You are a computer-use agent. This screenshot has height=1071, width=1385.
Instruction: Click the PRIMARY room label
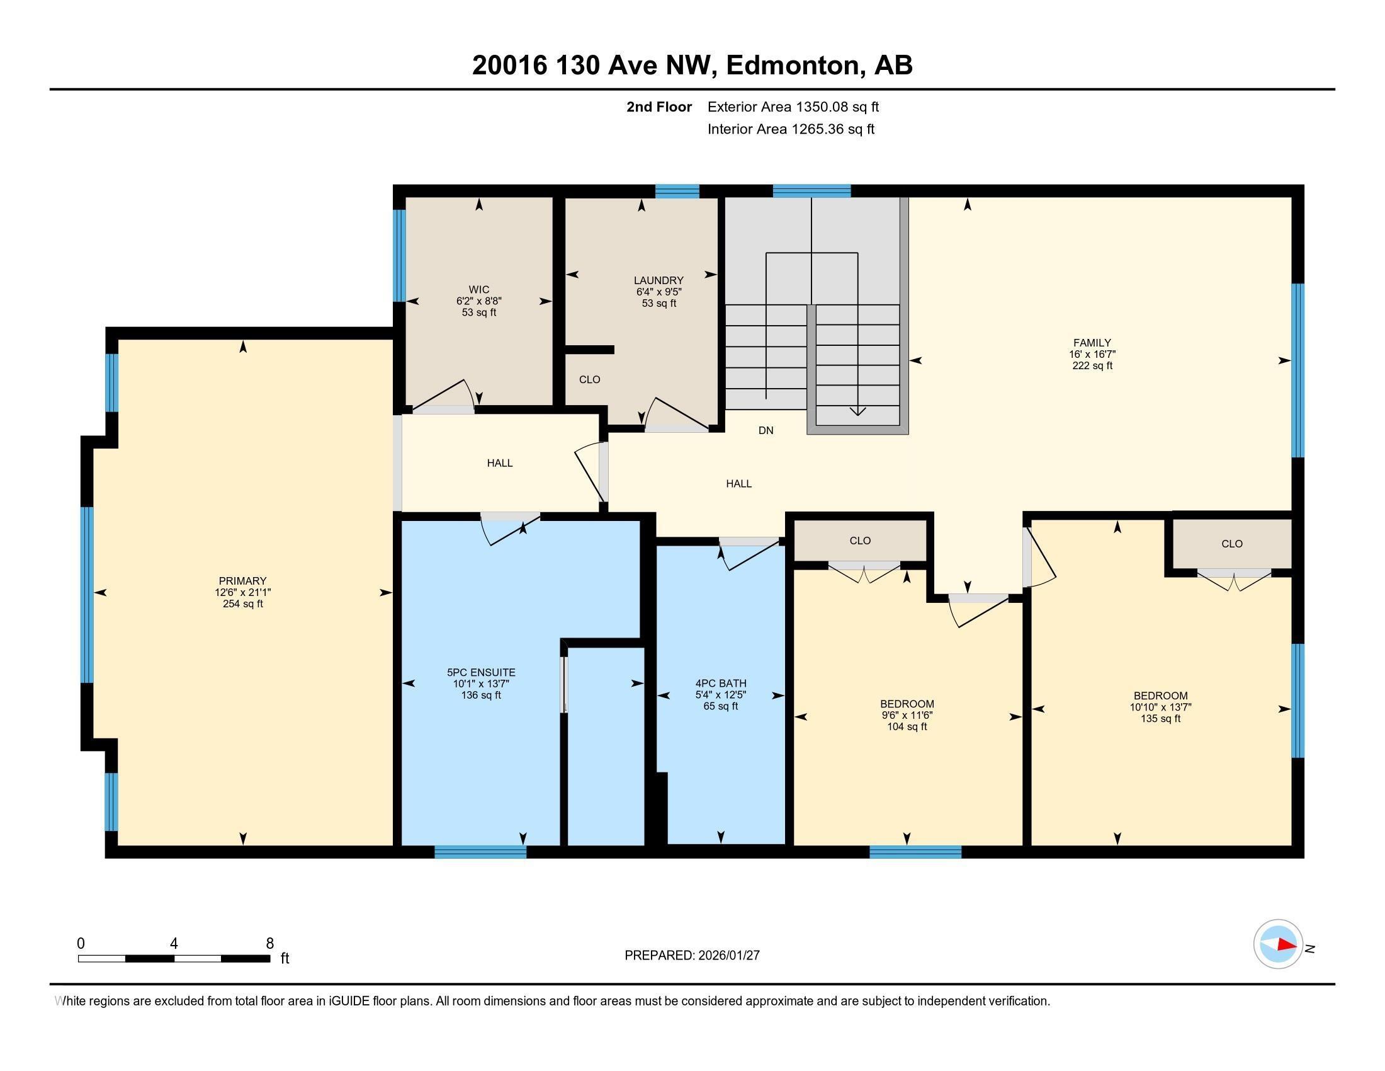242,581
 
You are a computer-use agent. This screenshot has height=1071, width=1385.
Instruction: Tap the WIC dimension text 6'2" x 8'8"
479,301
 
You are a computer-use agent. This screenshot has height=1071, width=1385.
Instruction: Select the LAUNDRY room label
659,280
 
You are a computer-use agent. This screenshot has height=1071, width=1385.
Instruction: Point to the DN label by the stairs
766,430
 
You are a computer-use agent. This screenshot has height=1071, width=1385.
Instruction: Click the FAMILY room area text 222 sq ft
1092,366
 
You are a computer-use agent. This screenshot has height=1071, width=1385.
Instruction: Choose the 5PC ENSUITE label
481,673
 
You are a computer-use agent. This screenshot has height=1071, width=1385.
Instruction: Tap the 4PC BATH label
720,684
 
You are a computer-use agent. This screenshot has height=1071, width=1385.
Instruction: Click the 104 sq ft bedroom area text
907,727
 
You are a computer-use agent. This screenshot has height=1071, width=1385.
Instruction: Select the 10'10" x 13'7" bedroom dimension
1160,707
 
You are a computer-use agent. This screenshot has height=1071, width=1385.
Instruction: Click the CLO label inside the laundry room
589,379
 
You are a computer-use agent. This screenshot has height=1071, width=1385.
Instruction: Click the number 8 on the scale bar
269,944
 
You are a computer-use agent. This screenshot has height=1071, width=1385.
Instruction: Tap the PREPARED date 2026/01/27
728,956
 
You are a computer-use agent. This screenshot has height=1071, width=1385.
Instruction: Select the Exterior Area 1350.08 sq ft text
793,107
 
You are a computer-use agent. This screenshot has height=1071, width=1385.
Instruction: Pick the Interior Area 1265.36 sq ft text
791,129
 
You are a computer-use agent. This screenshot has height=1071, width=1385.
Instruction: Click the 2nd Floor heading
659,107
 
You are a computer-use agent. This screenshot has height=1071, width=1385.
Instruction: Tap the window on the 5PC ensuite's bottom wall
480,852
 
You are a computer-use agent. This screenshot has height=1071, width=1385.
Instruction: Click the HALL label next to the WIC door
500,463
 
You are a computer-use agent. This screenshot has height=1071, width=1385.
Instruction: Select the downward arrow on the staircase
857,411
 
